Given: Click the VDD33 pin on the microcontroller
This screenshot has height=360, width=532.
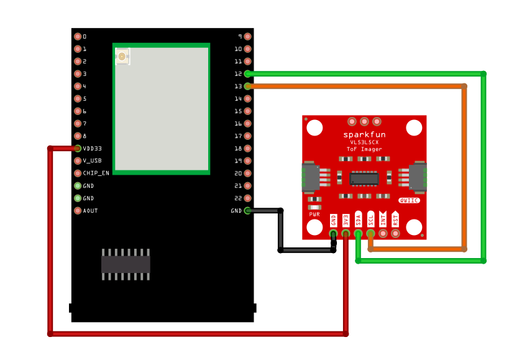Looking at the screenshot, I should pos(78,149).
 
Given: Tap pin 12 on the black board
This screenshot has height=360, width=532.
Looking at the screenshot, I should pos(247,74).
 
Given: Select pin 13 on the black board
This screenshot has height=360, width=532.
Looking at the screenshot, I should pos(247,86).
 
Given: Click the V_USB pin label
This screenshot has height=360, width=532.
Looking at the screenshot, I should pos(92,161).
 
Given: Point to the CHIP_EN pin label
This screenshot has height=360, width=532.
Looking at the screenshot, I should pos(96,173).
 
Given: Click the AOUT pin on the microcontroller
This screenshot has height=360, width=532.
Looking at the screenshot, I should pos(78,211).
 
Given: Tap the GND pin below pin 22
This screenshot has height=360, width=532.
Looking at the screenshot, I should pos(247,211).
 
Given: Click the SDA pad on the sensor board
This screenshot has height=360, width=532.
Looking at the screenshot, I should pos(358,234).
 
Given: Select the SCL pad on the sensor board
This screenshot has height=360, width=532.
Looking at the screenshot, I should pos(370,234).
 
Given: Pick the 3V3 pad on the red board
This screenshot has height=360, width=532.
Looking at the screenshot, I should pos(346,234).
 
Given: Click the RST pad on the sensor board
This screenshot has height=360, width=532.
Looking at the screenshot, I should pos(395,234).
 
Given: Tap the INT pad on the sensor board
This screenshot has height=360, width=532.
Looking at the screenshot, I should pos(383,234).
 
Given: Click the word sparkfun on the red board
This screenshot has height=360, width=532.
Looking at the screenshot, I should pos(364,135).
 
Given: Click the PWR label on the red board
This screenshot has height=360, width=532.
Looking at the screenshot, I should pos(314,214).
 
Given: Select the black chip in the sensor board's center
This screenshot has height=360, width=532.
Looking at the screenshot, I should pos(364,178).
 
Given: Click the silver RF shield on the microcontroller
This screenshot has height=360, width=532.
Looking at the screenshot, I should pos(162,109).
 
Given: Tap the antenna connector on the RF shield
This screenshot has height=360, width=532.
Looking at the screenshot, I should pos(122,57).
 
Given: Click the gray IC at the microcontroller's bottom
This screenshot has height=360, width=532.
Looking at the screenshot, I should pos(126,264).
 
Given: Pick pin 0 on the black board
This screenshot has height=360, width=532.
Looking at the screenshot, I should pos(78,37).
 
